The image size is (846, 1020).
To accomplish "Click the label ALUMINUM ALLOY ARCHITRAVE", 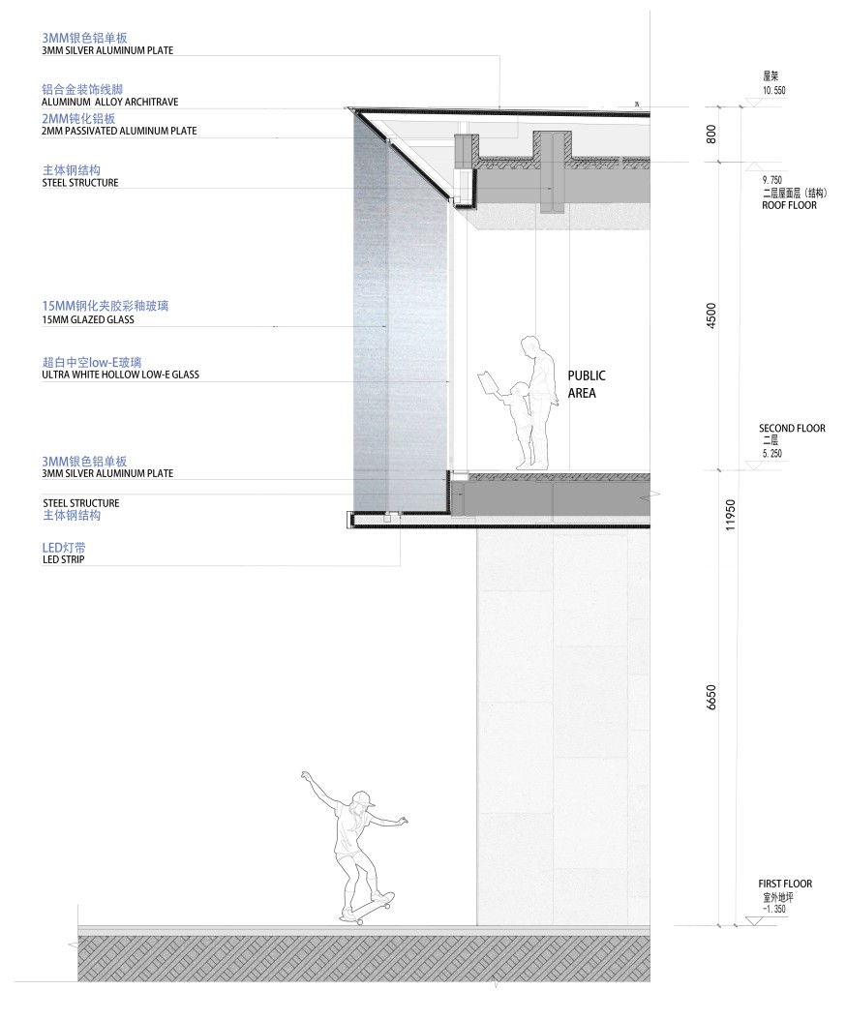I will click(109, 101).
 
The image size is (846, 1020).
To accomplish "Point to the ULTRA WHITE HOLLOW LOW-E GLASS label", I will click(120, 374).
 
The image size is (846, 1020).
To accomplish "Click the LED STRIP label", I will click(63, 559).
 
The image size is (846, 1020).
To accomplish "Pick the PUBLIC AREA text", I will click(586, 384).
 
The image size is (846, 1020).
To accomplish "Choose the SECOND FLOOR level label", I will click(792, 428).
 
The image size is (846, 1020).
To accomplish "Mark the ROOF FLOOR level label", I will click(789, 205).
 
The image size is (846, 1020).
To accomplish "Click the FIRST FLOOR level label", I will click(785, 884).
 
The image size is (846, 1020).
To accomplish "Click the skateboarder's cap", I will click(362, 798).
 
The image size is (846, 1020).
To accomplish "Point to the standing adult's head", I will click(530, 345).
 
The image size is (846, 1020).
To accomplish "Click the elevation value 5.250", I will click(771, 452).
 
